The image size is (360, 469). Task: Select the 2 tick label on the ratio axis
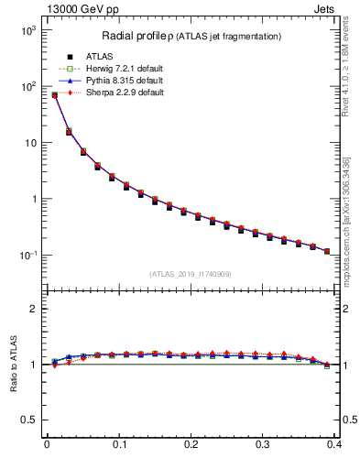[32, 309]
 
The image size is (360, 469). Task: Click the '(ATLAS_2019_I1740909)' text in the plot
[191, 274]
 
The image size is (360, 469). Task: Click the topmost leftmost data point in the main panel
[54, 94]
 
